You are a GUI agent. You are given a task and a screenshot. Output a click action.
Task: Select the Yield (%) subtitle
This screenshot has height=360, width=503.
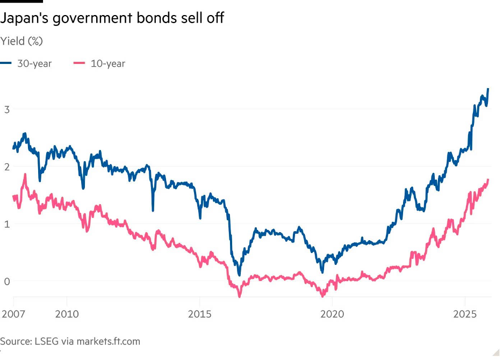pyautogui.click(x=21, y=41)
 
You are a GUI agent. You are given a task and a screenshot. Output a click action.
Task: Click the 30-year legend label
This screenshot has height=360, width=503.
pyautogui.click(x=34, y=63)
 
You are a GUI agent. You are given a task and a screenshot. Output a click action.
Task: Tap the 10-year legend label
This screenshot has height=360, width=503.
pyautogui.click(x=108, y=63)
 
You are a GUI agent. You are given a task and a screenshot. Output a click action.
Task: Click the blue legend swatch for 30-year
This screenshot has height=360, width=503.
pyautogui.click(x=6, y=63)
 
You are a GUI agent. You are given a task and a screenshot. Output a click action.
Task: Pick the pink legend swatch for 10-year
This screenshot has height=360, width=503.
pyautogui.click(x=80, y=63)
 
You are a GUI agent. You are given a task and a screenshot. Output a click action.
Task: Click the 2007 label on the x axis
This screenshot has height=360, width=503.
pyautogui.click(x=12, y=313)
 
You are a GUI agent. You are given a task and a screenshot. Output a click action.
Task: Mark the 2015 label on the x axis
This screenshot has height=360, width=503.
pyautogui.click(x=199, y=313)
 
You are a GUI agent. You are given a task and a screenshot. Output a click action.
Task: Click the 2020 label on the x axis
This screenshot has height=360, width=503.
pyautogui.click(x=332, y=313)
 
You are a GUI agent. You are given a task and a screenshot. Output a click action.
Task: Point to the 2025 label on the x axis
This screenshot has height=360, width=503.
pyautogui.click(x=465, y=313)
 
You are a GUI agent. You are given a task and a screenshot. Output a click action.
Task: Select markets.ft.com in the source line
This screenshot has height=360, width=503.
pyautogui.click(x=108, y=341)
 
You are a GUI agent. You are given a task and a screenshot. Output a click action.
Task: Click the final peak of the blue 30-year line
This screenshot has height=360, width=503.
pyautogui.click(x=488, y=88)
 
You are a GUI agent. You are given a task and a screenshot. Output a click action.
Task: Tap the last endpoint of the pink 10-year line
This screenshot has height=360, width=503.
pyautogui.click(x=488, y=179)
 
